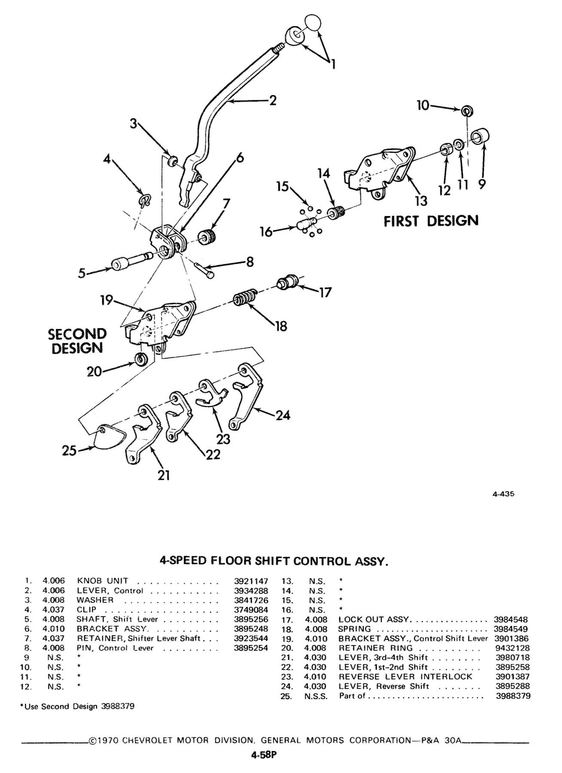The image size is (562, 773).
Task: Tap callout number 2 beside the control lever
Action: [272, 100]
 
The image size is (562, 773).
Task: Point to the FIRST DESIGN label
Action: [431, 221]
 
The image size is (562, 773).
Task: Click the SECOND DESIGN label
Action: [77, 341]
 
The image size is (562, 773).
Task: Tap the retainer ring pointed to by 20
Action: [141, 359]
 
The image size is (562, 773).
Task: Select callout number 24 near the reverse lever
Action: [283, 415]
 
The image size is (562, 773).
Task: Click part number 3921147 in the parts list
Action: [251, 581]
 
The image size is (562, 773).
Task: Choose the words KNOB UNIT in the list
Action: [103, 581]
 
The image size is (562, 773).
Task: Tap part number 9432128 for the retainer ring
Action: [513, 648]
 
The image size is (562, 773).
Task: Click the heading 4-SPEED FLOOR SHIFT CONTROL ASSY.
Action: [274, 561]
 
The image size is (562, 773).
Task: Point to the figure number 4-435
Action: [503, 494]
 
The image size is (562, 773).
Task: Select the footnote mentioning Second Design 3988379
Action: [77, 706]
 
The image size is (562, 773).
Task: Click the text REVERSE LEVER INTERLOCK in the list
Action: [405, 677]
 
